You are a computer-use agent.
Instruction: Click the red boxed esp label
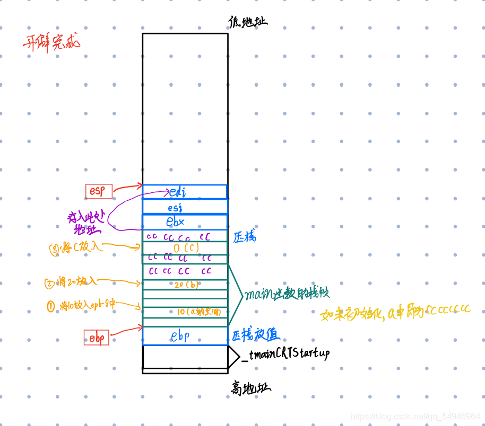coord(99,191)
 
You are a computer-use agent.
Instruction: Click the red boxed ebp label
coord(96,337)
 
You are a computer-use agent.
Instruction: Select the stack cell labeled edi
coord(185,192)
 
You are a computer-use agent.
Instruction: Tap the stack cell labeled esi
coord(185,207)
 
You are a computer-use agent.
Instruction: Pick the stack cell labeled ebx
coord(185,222)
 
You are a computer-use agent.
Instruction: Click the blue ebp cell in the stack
coord(185,336)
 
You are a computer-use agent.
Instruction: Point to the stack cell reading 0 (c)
coord(185,248)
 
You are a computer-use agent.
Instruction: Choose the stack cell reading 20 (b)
coord(185,285)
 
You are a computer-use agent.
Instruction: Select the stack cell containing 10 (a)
coord(185,312)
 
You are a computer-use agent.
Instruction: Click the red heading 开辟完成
coord(51,42)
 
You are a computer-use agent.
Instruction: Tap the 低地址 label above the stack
coord(247,22)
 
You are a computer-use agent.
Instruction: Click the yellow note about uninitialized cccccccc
coord(395,313)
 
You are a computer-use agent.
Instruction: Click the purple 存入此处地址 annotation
coord(86,222)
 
